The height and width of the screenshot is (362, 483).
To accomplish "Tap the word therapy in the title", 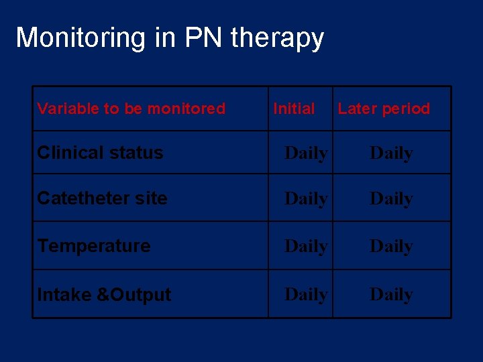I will [x=277, y=39].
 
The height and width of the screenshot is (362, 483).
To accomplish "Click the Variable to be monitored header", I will [x=131, y=109].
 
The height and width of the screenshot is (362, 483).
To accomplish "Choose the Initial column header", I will [x=294, y=109].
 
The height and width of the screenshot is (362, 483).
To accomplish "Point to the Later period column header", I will [x=384, y=109].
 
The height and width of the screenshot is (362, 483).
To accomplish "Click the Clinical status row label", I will [x=100, y=153].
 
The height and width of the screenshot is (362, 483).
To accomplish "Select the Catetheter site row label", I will [x=102, y=198].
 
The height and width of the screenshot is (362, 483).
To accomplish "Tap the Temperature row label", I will [x=94, y=246].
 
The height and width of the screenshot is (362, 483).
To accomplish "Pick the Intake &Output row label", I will [x=104, y=294].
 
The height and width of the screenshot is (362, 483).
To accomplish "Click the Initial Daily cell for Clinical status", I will [x=306, y=154].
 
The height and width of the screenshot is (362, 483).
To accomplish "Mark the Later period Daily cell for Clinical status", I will [x=391, y=154].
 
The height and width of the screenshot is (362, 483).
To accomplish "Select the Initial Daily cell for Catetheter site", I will [x=306, y=199].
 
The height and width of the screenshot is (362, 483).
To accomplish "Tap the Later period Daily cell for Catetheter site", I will [x=391, y=199].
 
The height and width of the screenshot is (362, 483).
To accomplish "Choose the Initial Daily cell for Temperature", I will [x=306, y=247].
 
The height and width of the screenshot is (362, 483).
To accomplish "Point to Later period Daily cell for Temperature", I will [x=391, y=247].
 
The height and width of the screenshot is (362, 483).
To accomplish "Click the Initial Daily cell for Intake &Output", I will [x=306, y=295].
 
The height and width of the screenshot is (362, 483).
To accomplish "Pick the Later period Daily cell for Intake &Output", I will [x=391, y=295].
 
